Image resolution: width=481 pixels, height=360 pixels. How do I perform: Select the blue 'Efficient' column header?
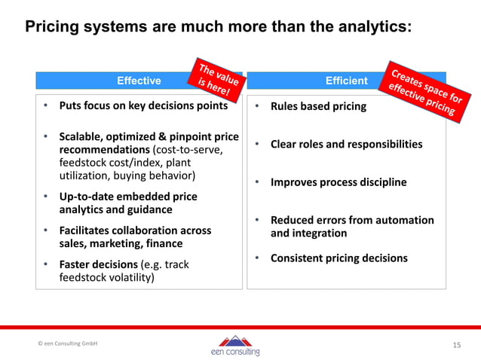[346, 81]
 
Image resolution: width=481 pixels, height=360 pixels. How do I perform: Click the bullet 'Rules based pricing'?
[318, 106]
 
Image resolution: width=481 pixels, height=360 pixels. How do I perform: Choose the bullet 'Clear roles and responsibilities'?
[346, 144]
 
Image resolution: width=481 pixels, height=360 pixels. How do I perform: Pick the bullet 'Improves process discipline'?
[339, 182]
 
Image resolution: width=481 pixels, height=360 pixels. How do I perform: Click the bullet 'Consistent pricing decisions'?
[339, 258]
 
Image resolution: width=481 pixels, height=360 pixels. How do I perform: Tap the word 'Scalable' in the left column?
[82, 137]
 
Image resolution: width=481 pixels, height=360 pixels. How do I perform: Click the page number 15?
[456, 345]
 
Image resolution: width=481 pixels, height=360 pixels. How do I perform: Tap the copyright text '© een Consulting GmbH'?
[68, 343]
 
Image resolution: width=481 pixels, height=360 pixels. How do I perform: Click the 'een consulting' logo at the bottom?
[236, 346]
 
